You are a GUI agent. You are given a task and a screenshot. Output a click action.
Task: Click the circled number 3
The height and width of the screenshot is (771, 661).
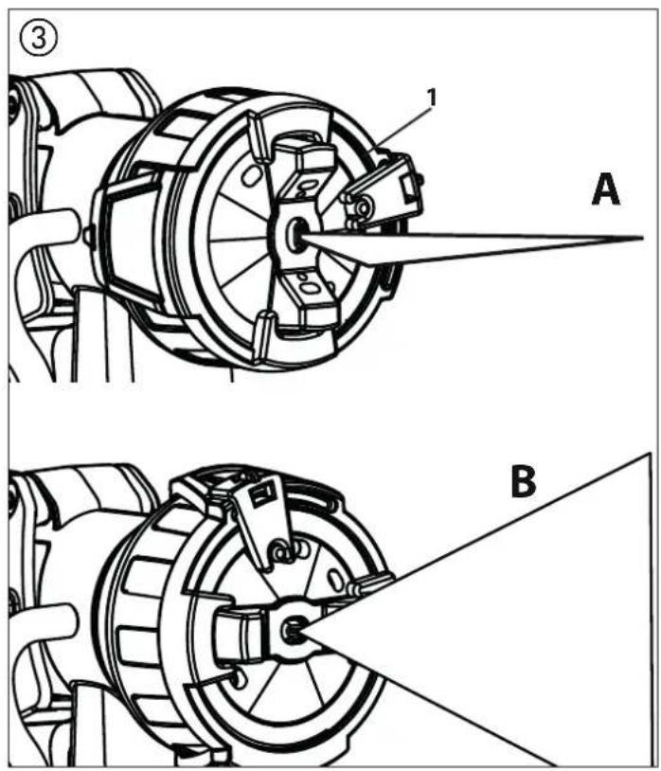tap(38, 38)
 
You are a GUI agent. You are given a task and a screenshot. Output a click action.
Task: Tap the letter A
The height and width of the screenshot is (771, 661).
tap(605, 190)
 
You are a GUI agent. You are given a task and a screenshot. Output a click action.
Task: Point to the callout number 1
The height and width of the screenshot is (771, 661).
tap(431, 98)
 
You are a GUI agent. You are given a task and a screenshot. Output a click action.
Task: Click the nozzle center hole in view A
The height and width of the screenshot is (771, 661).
tap(296, 231)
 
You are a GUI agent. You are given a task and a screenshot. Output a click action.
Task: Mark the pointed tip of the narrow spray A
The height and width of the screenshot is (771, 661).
tap(643, 239)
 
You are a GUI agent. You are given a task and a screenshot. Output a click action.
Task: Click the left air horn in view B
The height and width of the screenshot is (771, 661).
tap(241, 631)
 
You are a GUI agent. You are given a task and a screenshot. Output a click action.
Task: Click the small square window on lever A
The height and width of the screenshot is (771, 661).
tap(407, 188)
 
